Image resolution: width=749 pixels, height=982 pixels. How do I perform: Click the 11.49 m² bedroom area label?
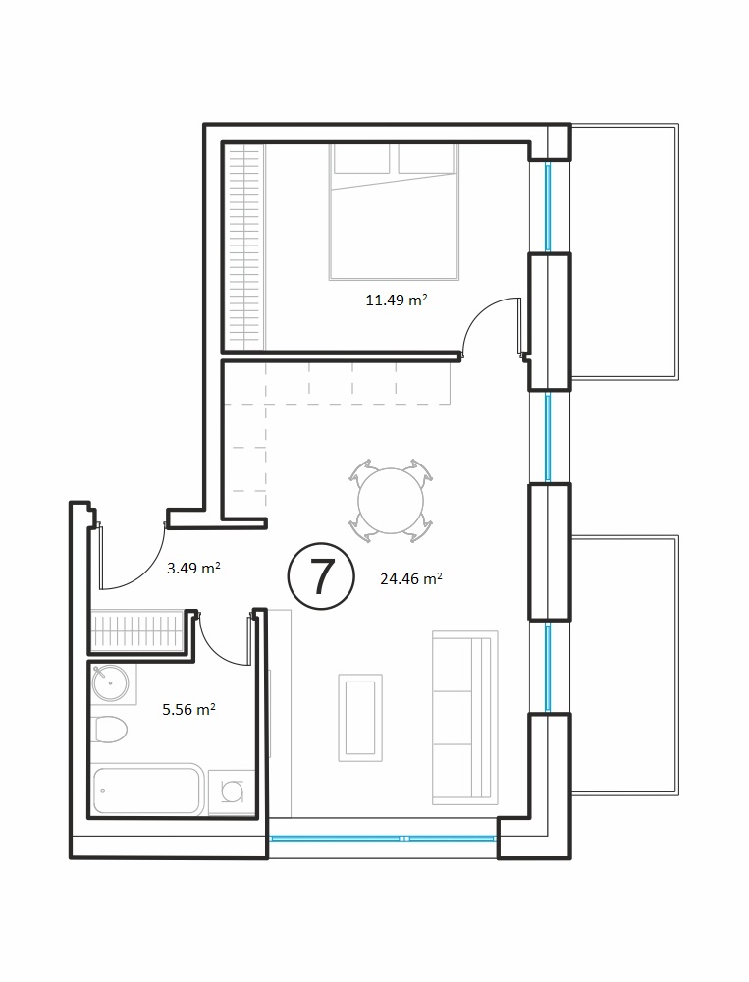tap(397, 300)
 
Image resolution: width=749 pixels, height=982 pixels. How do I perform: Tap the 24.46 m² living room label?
tap(411, 578)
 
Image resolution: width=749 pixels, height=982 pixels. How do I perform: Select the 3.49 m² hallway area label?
tap(192, 568)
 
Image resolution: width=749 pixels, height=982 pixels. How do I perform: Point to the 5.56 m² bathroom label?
tap(188, 710)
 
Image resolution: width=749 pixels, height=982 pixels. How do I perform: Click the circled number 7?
tap(321, 576)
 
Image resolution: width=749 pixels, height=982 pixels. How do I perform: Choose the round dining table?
tap(391, 501)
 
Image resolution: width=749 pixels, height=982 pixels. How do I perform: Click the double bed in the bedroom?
tap(394, 212)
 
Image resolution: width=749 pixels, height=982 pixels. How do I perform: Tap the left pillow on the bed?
tap(362, 159)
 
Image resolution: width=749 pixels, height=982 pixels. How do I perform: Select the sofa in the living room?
tap(464, 718)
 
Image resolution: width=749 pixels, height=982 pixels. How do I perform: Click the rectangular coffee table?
tap(360, 718)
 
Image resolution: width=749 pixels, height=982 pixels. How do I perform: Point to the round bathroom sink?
tap(110, 683)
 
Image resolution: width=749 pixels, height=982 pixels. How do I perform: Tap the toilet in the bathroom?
tap(110, 730)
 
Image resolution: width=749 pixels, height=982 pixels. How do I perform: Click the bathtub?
tap(148, 790)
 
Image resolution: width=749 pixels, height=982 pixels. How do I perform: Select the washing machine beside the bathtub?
tap(232, 792)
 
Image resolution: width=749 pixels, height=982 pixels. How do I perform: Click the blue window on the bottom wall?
tap(383, 838)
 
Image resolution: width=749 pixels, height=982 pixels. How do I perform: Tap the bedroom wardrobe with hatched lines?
tap(243, 246)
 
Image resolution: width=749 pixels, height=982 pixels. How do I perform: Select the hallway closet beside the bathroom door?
tap(137, 631)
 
